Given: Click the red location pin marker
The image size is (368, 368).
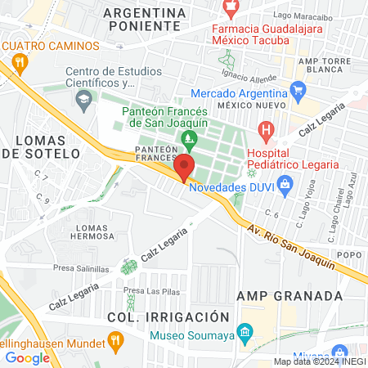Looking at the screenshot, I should [184, 168].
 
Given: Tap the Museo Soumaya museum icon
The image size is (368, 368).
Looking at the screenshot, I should [244, 331].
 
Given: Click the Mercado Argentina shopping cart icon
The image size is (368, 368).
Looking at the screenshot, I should [298, 90].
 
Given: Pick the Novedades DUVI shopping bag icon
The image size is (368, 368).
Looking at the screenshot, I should [285, 186].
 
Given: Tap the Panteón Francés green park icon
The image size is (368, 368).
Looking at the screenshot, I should [190, 138].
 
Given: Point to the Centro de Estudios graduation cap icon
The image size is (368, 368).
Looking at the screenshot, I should [83, 100].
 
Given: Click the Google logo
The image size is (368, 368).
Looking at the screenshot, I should [27, 357].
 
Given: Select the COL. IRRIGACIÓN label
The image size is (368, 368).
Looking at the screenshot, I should [167, 316].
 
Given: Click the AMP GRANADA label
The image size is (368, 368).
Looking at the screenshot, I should [277, 295].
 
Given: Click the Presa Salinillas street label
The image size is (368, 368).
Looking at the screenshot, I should [82, 268].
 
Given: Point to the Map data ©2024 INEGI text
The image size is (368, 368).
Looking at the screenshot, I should [320, 361].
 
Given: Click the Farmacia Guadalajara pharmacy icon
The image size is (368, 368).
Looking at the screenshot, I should [231, 8].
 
